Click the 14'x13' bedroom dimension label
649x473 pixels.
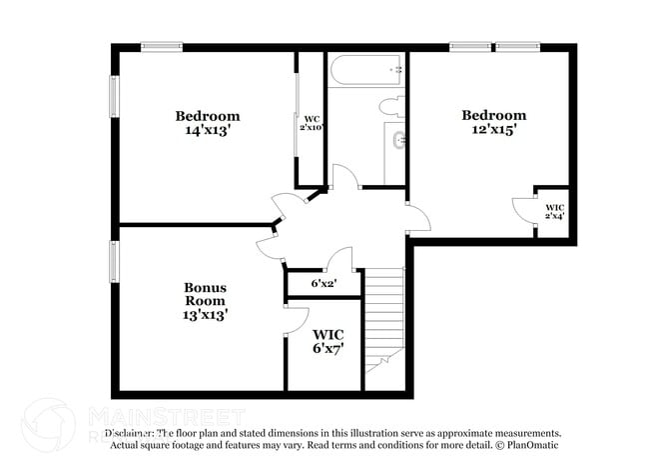pyautogui.click(x=208, y=130)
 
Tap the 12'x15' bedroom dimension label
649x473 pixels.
pyautogui.click(x=493, y=129)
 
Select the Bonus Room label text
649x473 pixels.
pyautogui.click(x=205, y=294)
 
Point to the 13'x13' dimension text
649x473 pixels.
pyautogui.click(x=205, y=314)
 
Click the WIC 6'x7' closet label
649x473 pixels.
pyautogui.click(x=327, y=341)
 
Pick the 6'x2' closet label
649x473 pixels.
pyautogui.click(x=324, y=284)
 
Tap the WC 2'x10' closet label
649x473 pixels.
pyautogui.click(x=312, y=123)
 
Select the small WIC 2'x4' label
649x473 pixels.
pyautogui.click(x=553, y=212)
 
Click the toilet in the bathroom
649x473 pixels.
pyautogui.click(x=389, y=106)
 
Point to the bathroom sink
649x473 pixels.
pyautogui.click(x=399, y=140)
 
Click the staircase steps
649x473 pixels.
pyautogui.click(x=384, y=320)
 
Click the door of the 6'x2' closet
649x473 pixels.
pyautogui.click(x=339, y=258)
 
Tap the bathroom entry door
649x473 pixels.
pyautogui.click(x=344, y=178)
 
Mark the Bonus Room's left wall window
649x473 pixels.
pyautogui.click(x=114, y=262)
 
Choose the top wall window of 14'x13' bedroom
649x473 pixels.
pyautogui.click(x=161, y=46)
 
